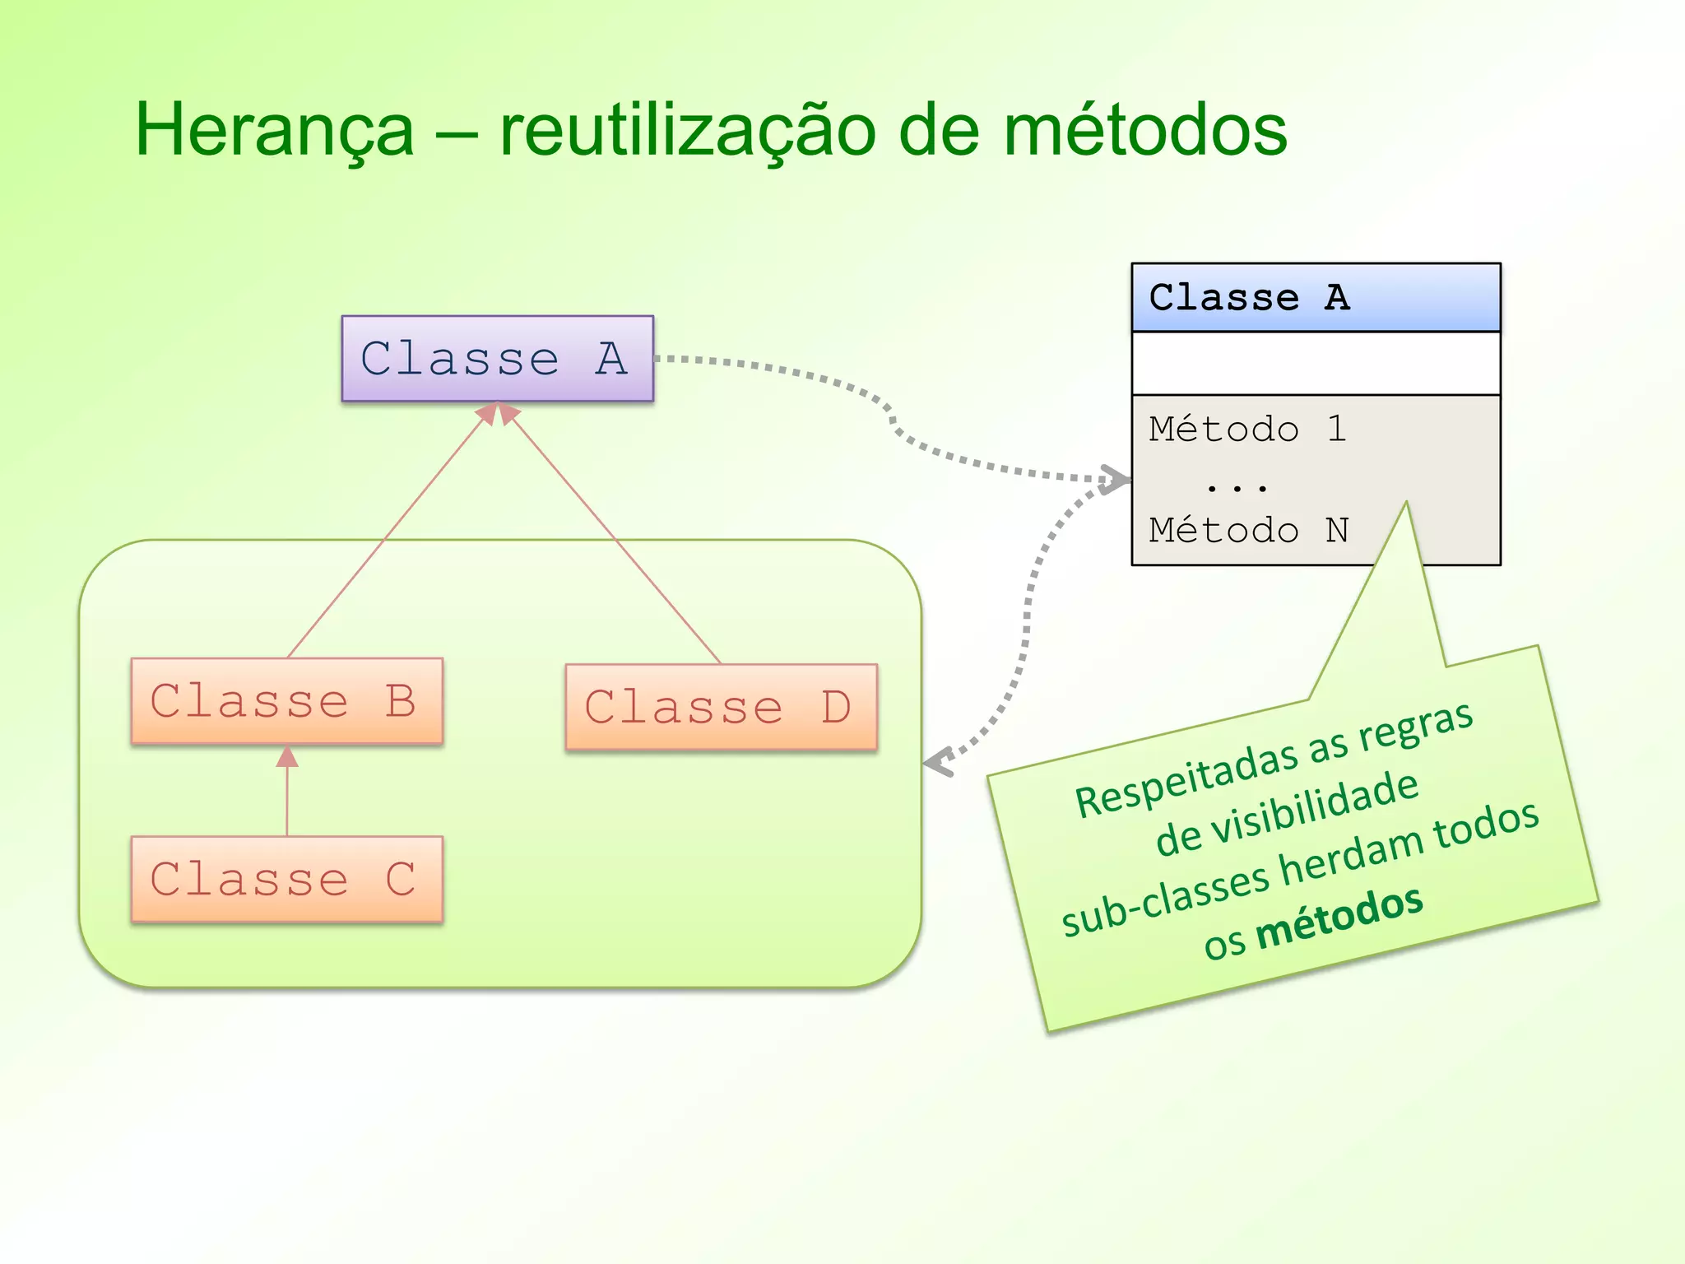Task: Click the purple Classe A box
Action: [497, 359]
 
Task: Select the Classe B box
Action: [286, 701]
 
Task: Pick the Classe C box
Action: [286, 879]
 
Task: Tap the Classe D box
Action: [721, 707]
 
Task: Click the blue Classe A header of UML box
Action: [1315, 298]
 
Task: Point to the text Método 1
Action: [1247, 430]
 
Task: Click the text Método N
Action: [1247, 531]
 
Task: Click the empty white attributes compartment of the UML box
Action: [1315, 363]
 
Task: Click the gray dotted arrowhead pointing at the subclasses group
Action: [940, 762]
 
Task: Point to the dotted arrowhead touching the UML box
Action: [1116, 480]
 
